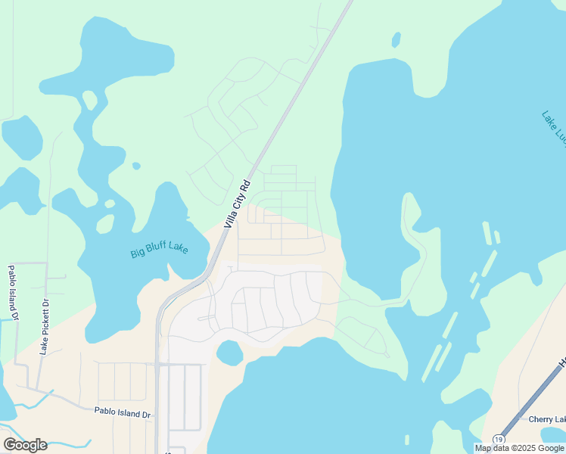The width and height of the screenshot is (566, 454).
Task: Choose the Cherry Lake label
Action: (x=547, y=420)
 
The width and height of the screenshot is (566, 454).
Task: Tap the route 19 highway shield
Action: (x=498, y=440)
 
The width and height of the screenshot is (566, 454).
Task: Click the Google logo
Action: (x=25, y=444)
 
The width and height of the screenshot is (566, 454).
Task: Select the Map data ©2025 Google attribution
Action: (x=520, y=448)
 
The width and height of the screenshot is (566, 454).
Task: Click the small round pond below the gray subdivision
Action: (x=229, y=353)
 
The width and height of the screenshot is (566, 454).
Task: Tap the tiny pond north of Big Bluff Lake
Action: (x=136, y=166)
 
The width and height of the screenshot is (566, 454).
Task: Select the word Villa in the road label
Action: (x=231, y=216)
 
